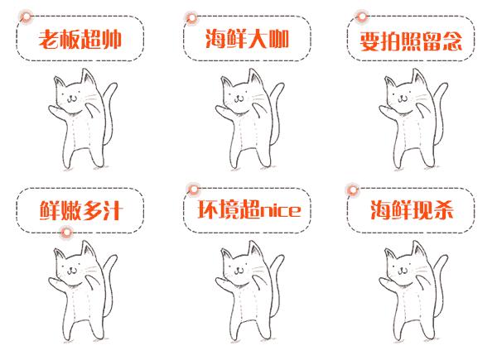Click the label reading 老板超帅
tap(80, 40)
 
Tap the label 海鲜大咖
tap(247, 39)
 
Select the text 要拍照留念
tap(411, 41)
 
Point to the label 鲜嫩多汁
tap(80, 210)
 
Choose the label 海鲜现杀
tap(412, 209)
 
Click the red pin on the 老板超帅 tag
tap(27, 17)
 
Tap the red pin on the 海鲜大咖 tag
tap(192, 17)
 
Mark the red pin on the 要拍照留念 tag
tap(361, 16)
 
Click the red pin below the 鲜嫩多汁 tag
tap(66, 233)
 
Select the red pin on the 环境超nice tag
tap(193, 190)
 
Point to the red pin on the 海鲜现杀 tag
tap(353, 190)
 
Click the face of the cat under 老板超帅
tap(71, 96)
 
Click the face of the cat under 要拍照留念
tap(402, 96)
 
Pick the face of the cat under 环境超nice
tap(239, 267)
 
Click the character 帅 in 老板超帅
tap(112, 40)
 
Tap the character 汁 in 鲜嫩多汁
tap(112, 210)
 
